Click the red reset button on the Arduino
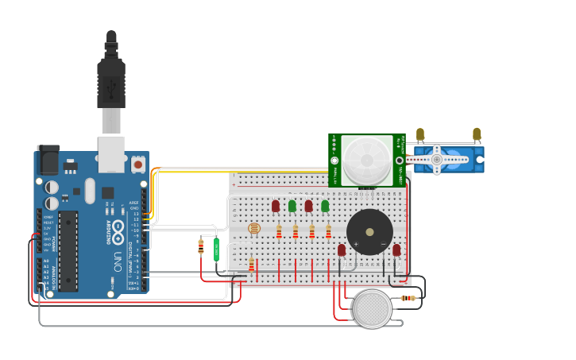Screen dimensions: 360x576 138,165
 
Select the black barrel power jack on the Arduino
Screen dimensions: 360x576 48,161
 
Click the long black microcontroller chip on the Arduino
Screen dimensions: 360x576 68,250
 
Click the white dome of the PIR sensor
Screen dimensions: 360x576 367,157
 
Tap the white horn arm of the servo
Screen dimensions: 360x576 437,160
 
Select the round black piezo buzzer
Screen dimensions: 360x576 369,232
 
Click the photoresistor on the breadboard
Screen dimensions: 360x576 253,229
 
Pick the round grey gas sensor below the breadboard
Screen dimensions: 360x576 373,309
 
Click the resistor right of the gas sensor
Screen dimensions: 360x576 408,298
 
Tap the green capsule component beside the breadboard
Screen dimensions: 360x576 216,249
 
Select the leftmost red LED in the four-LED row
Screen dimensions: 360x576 276,206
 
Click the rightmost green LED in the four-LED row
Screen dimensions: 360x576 325,206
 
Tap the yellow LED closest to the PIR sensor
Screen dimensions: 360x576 420,134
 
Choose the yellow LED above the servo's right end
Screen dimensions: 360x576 477,134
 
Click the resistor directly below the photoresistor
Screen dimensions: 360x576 252,264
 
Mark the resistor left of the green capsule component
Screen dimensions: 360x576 201,247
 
